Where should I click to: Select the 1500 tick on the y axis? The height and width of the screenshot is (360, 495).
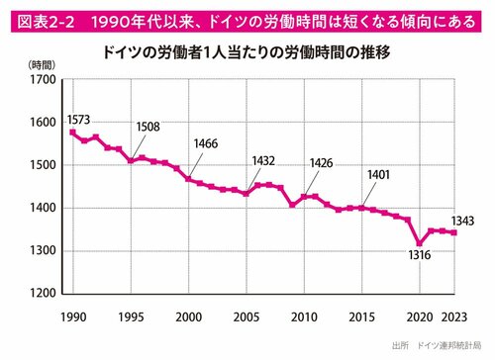point(45,165)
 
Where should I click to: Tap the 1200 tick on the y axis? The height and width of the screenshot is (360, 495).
point(45,294)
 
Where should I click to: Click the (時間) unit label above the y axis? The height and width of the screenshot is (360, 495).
point(43,63)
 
